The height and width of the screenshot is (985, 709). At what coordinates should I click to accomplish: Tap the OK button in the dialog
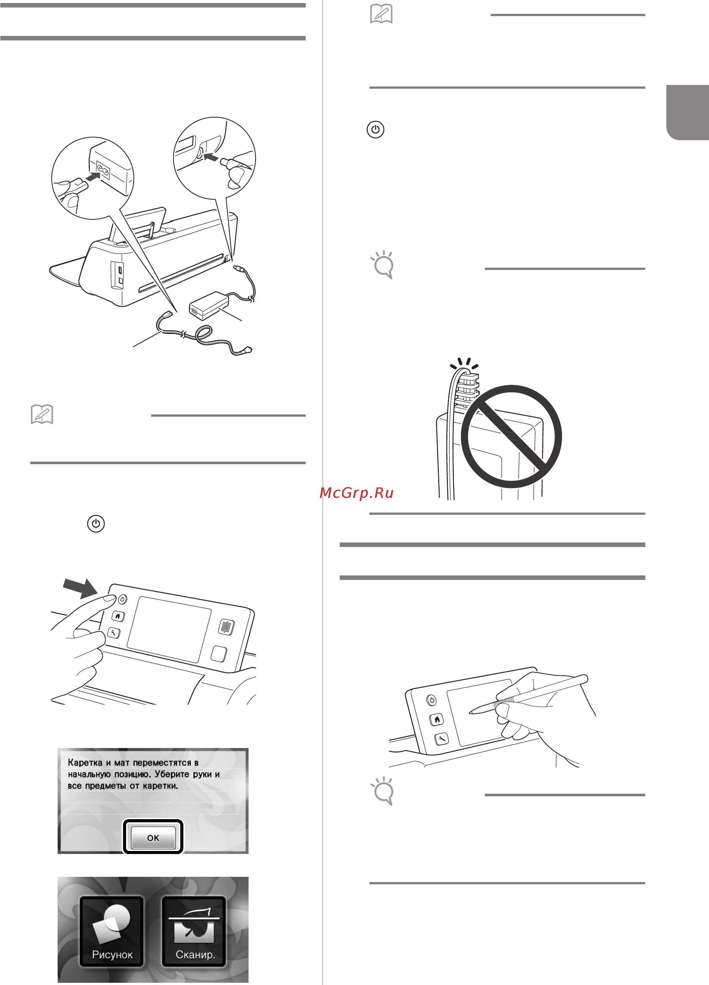(153, 837)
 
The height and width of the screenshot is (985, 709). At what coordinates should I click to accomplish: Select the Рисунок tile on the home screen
(111, 932)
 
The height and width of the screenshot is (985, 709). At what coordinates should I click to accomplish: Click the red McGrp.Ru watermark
(356, 493)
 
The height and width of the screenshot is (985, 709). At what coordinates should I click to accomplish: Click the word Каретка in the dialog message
(85, 763)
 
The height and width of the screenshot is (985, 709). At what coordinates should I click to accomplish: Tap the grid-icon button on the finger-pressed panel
(226, 627)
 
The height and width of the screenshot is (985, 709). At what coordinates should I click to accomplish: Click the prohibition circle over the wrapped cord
(511, 437)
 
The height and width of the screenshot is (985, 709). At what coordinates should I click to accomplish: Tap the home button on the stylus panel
(437, 720)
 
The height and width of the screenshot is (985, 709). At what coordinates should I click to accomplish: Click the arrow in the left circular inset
(95, 176)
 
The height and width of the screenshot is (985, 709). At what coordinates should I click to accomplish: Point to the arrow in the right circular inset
(211, 157)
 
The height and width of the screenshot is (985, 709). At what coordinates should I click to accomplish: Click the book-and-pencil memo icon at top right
(381, 13)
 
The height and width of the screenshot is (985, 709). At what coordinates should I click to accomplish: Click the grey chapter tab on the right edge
(688, 112)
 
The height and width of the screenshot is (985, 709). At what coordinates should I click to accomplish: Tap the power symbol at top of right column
(375, 130)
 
